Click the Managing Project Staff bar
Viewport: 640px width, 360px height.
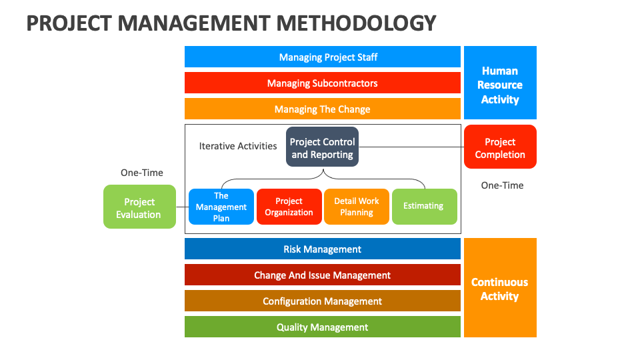(323, 57)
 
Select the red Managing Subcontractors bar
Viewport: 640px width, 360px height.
(323, 83)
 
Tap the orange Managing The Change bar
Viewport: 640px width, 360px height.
(323, 109)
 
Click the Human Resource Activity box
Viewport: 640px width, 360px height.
(500, 83)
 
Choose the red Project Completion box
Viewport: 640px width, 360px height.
(500, 147)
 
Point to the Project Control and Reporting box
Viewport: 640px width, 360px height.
(323, 147)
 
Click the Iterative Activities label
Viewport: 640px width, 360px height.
(238, 146)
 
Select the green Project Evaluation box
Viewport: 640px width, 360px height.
(139, 207)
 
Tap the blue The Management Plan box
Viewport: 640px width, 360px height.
(221, 207)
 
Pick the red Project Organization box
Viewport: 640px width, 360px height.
(289, 207)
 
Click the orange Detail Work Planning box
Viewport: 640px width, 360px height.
(357, 207)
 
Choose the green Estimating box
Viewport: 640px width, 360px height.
(424, 207)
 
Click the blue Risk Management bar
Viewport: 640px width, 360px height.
(323, 249)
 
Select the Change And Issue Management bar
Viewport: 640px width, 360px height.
(323, 275)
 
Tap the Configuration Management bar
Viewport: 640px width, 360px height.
(323, 301)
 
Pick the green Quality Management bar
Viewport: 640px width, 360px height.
(323, 327)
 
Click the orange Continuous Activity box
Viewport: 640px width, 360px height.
(500, 288)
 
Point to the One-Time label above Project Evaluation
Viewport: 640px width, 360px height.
(142, 173)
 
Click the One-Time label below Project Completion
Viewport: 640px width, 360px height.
(503, 185)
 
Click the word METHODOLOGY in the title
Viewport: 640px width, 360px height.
(356, 23)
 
